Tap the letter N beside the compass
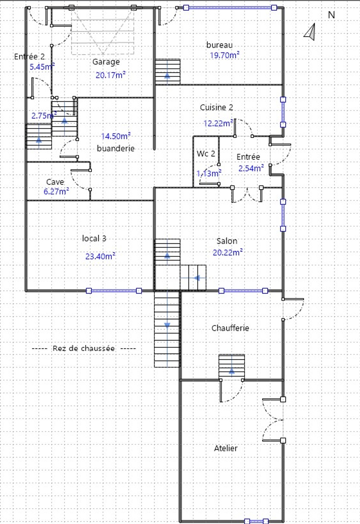331,15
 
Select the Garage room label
106,62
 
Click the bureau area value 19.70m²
225,55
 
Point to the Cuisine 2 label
217,107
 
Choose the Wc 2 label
206,154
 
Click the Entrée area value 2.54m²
251,168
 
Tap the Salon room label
227,241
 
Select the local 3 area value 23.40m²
100,256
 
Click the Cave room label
55,182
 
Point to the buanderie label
116,148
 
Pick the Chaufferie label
230,328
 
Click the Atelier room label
226,448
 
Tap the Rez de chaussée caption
84,348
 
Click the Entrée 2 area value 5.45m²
42,67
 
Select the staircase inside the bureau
167,72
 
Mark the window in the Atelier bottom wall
256,521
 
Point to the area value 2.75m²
44,115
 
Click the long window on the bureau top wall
230,8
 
